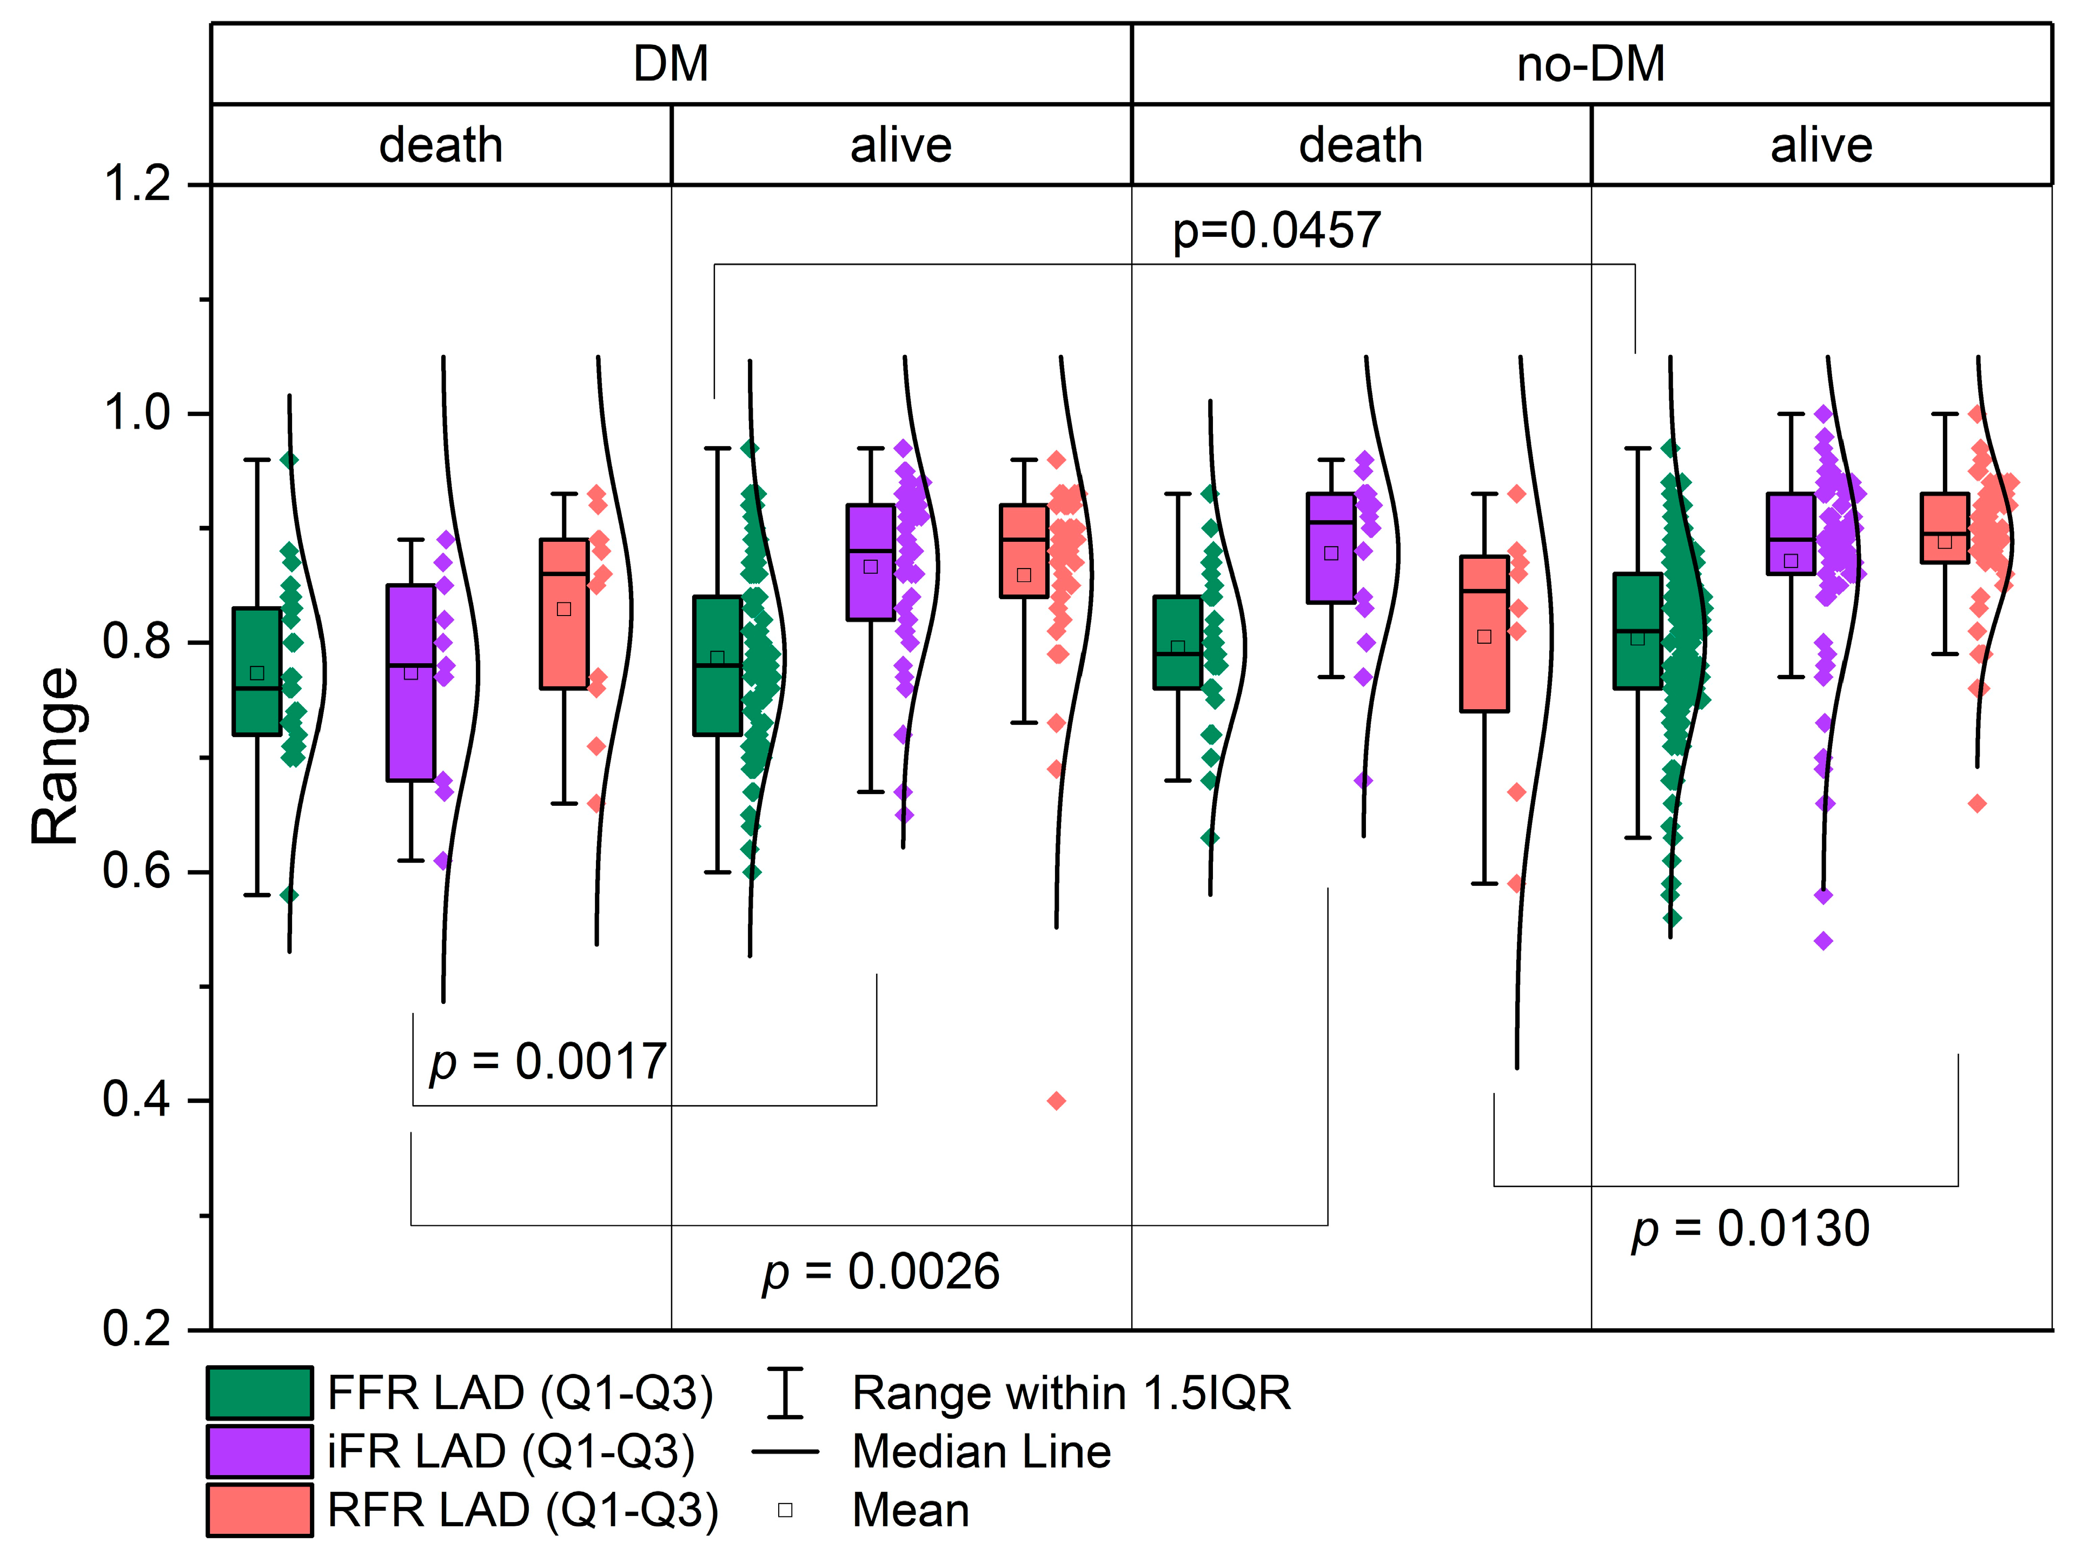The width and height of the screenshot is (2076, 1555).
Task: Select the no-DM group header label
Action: (x=1591, y=64)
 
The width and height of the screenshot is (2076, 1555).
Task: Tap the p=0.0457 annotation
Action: (x=1276, y=230)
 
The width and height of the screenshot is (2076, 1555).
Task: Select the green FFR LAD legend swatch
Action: (x=260, y=1393)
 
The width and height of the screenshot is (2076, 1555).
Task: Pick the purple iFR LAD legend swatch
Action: (x=260, y=1451)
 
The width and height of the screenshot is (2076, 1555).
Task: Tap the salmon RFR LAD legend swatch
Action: (x=260, y=1510)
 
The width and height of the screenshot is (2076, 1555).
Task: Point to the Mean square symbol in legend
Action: (x=786, y=1510)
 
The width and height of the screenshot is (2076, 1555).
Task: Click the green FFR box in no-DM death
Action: (x=1178, y=643)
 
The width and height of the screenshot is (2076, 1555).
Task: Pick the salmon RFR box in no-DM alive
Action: (x=1945, y=527)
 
